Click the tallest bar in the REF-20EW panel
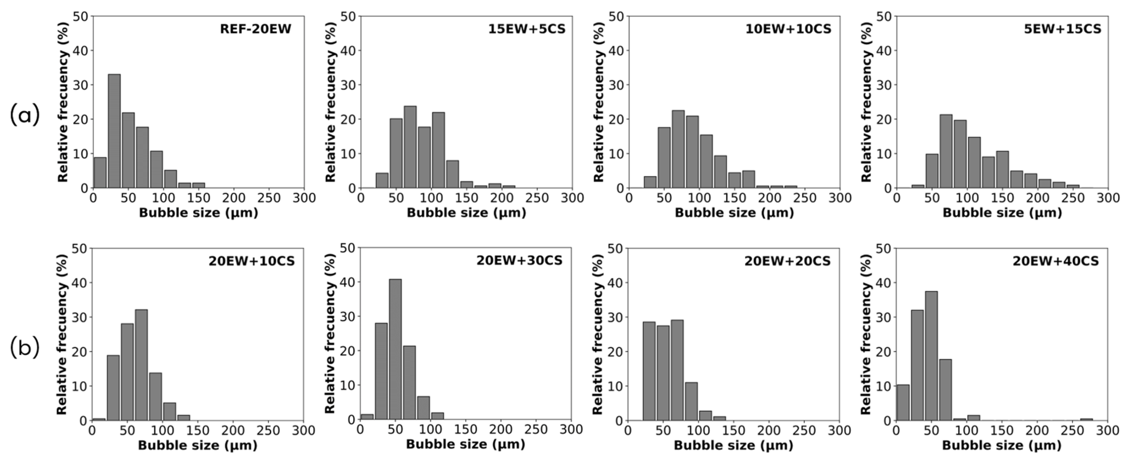tap(114, 131)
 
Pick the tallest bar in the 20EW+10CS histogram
tap(141, 365)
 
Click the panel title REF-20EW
tap(255, 29)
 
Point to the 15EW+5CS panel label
tap(527, 29)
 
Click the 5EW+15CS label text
tap(1062, 29)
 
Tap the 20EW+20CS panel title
tap(787, 261)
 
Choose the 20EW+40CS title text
tap(1055, 261)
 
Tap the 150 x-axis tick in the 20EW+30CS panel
tap(466, 430)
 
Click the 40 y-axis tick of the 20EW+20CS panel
tap(616, 283)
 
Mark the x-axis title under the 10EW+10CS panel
tap(734, 213)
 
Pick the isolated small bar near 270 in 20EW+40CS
tap(1086, 419)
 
